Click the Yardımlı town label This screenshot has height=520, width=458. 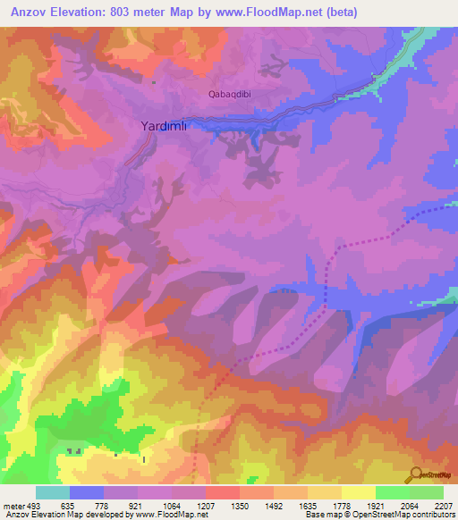click(x=164, y=127)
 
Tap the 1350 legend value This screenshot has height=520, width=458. click(x=239, y=504)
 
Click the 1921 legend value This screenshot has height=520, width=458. click(x=375, y=504)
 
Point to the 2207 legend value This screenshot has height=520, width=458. click(x=443, y=504)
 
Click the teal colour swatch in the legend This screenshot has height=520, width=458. click(x=53, y=492)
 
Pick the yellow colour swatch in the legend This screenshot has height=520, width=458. click(x=359, y=492)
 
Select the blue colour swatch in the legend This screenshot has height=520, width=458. click(x=87, y=492)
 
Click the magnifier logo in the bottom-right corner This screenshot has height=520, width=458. click(x=417, y=475)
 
